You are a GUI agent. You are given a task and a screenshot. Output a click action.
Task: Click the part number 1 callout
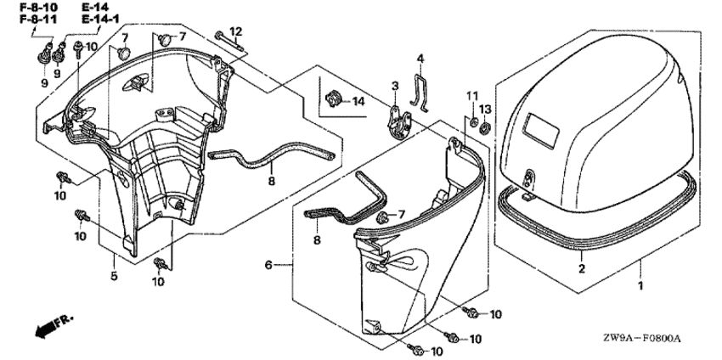coord(640,285)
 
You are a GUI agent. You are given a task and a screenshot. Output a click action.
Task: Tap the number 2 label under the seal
coord(582,269)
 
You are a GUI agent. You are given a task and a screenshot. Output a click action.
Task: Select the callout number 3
coord(395,86)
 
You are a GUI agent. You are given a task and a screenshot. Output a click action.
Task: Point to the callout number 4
coord(420,59)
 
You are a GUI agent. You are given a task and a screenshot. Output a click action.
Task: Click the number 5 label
coord(114,276)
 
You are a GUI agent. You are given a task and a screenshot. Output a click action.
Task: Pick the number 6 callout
coord(269,265)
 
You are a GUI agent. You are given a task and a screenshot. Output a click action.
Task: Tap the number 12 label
coord(236,31)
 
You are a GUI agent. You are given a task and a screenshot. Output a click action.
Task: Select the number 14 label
coord(358,101)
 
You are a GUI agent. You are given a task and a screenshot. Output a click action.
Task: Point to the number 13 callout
coord(485,110)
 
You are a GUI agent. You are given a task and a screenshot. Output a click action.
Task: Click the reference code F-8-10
coord(39,8)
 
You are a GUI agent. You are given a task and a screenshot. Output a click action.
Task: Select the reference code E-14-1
coord(99,20)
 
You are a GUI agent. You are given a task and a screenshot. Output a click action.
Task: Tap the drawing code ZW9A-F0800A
coord(645,339)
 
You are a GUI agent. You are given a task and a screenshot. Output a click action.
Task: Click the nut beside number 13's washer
coord(484,128)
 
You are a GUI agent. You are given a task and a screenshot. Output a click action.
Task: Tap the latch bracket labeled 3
coord(397,122)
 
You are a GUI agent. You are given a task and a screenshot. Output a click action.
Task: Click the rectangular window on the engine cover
coord(542,130)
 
